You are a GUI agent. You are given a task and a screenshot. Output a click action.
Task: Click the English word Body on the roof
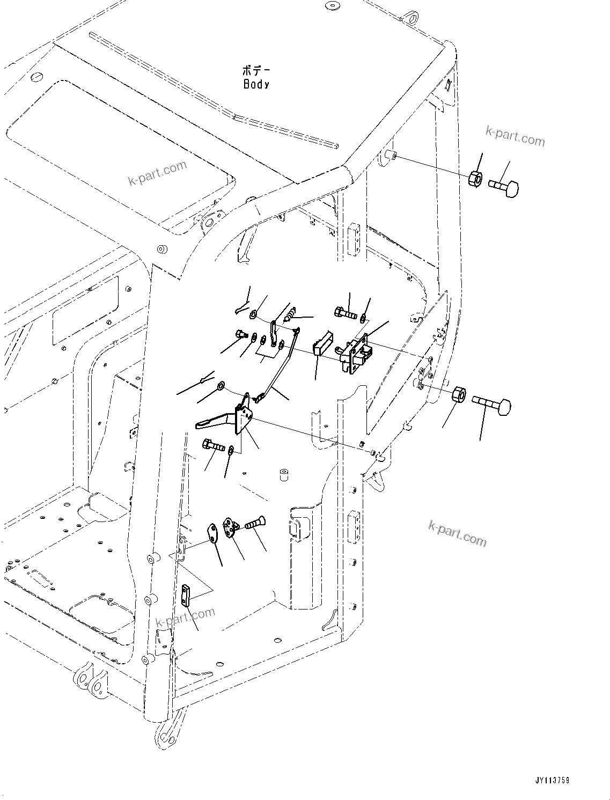pyautogui.click(x=256, y=84)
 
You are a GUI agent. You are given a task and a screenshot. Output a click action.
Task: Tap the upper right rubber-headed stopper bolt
pyautogui.click(x=504, y=187)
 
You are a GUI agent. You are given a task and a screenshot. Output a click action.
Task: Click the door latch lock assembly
pyautogui.click(x=357, y=354)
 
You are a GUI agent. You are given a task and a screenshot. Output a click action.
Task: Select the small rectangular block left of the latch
pyautogui.click(x=319, y=344)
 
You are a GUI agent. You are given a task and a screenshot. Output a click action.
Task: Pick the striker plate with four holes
pyautogui.click(x=232, y=528)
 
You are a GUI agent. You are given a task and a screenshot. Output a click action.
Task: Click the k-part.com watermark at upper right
pyautogui.click(x=515, y=136)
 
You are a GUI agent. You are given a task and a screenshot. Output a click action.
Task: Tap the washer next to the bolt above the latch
pyautogui.click(x=365, y=319)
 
